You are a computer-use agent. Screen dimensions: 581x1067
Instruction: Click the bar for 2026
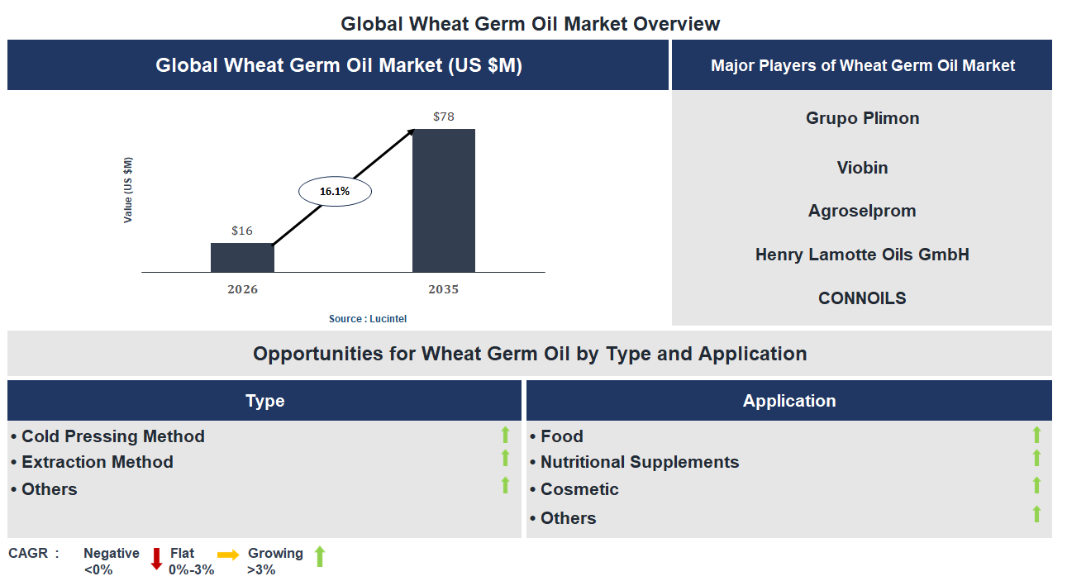pyautogui.click(x=242, y=257)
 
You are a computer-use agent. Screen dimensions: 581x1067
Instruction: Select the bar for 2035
pyautogui.click(x=444, y=200)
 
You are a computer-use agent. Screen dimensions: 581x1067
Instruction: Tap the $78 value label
pyautogui.click(x=444, y=117)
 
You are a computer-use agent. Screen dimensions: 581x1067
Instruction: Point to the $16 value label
pyautogui.click(x=242, y=231)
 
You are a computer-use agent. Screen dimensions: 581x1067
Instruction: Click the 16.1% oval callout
pyautogui.click(x=335, y=191)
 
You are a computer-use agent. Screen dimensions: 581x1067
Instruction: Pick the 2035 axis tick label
pyautogui.click(x=444, y=289)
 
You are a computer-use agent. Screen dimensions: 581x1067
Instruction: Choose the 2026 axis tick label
pyautogui.click(x=242, y=289)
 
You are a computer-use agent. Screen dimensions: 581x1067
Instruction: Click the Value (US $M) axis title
pyautogui.click(x=128, y=190)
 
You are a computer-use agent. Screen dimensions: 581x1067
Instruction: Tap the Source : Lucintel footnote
pyautogui.click(x=368, y=318)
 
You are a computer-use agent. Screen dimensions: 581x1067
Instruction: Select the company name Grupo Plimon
pyautogui.click(x=862, y=118)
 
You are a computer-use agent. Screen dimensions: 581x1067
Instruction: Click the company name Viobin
pyautogui.click(x=862, y=168)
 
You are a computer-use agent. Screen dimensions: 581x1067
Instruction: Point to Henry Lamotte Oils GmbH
pyautogui.click(x=862, y=255)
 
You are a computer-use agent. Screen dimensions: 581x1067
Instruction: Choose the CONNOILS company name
pyautogui.click(x=862, y=298)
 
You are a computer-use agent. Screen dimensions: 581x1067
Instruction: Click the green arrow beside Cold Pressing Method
pyautogui.click(x=505, y=435)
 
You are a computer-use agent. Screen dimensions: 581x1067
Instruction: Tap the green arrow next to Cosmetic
pyautogui.click(x=1036, y=485)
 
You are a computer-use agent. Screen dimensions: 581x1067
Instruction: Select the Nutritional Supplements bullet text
pyautogui.click(x=640, y=462)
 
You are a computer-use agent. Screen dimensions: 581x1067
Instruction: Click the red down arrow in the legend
pyautogui.click(x=156, y=558)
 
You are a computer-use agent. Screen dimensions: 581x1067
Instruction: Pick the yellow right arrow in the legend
pyautogui.click(x=228, y=555)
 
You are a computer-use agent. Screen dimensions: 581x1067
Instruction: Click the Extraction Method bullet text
pyautogui.click(x=98, y=462)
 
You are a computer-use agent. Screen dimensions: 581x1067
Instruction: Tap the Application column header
pyautogui.click(x=789, y=401)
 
